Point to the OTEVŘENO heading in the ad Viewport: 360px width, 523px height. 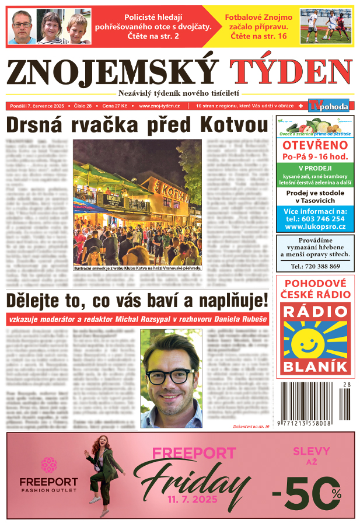315,145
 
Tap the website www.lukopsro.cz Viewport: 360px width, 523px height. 315,226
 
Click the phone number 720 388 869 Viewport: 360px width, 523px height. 315,266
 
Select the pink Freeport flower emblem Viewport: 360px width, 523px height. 48,465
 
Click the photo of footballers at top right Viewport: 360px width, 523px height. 325,25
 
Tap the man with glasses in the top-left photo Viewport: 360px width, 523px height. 22,27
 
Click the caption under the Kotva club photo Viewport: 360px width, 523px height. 137,268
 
